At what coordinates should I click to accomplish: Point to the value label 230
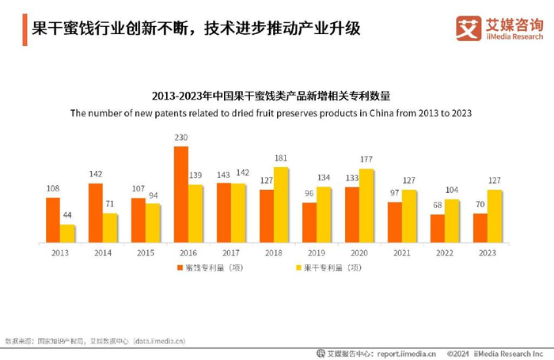181,138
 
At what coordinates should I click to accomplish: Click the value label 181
280,158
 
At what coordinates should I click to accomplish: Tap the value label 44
67,216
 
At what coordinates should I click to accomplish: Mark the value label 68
437,206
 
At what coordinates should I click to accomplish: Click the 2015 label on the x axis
146,252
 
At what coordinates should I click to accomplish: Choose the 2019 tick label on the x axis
317,252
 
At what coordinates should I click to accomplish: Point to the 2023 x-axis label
488,252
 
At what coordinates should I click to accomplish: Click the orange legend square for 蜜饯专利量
180,267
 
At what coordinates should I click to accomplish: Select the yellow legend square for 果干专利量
286,267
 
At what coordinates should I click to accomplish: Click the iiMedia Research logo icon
469,28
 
